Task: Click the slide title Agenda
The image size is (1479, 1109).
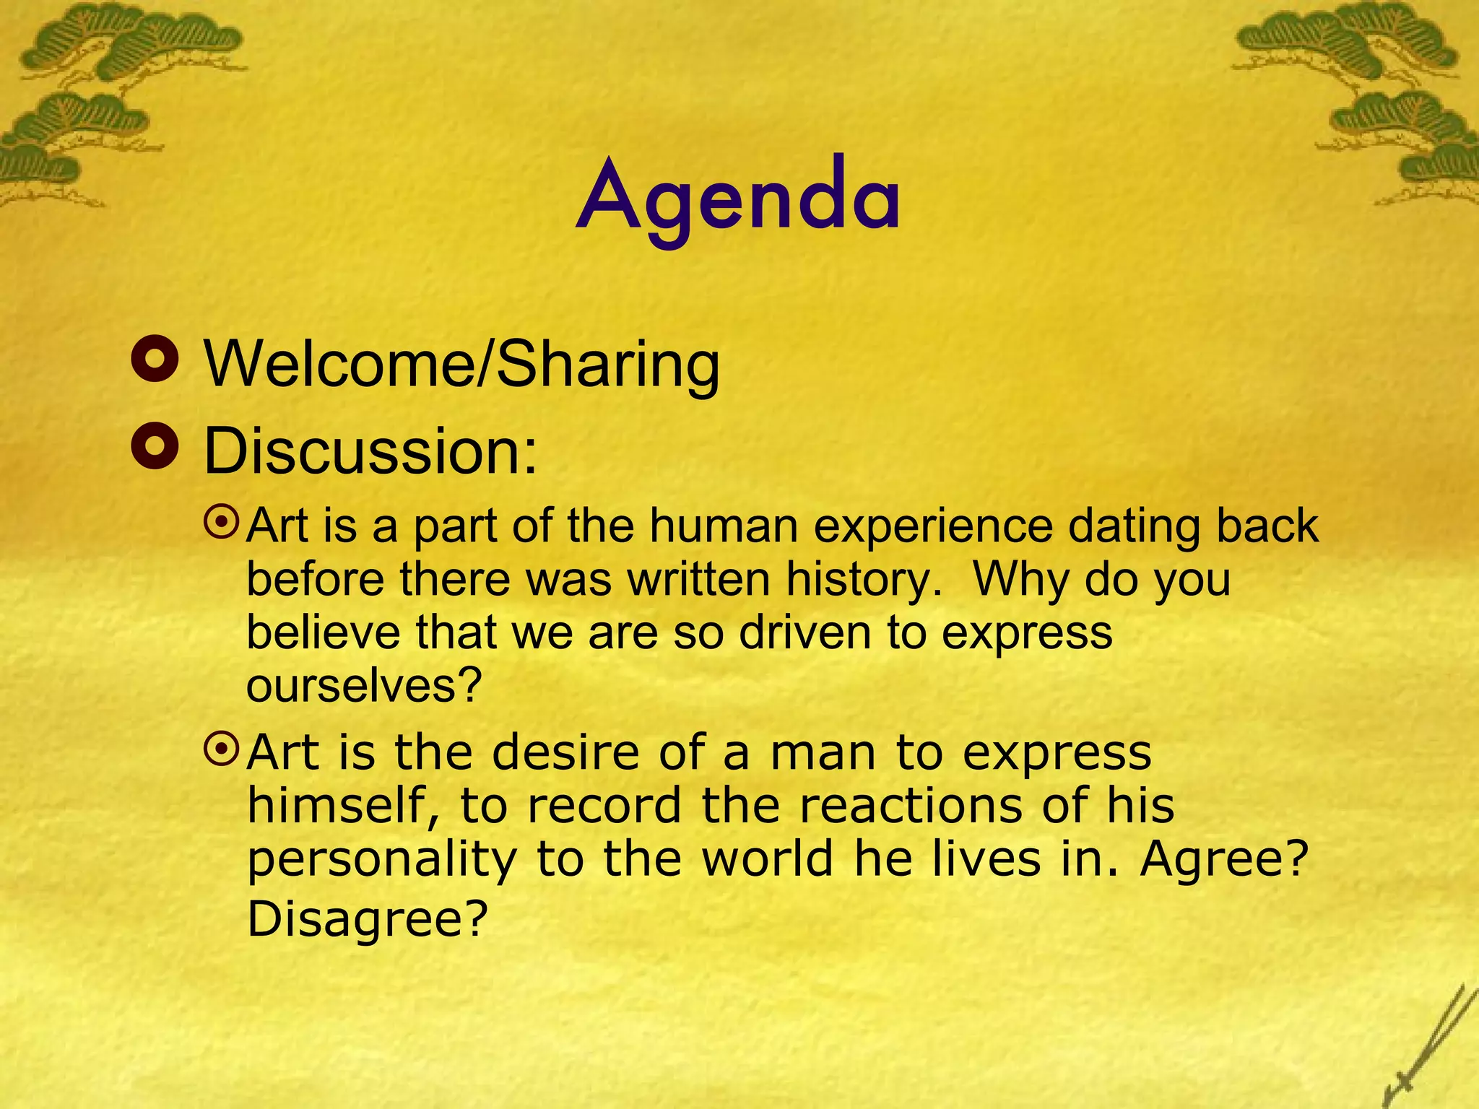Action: click(738, 198)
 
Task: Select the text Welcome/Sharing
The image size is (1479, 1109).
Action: click(462, 365)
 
